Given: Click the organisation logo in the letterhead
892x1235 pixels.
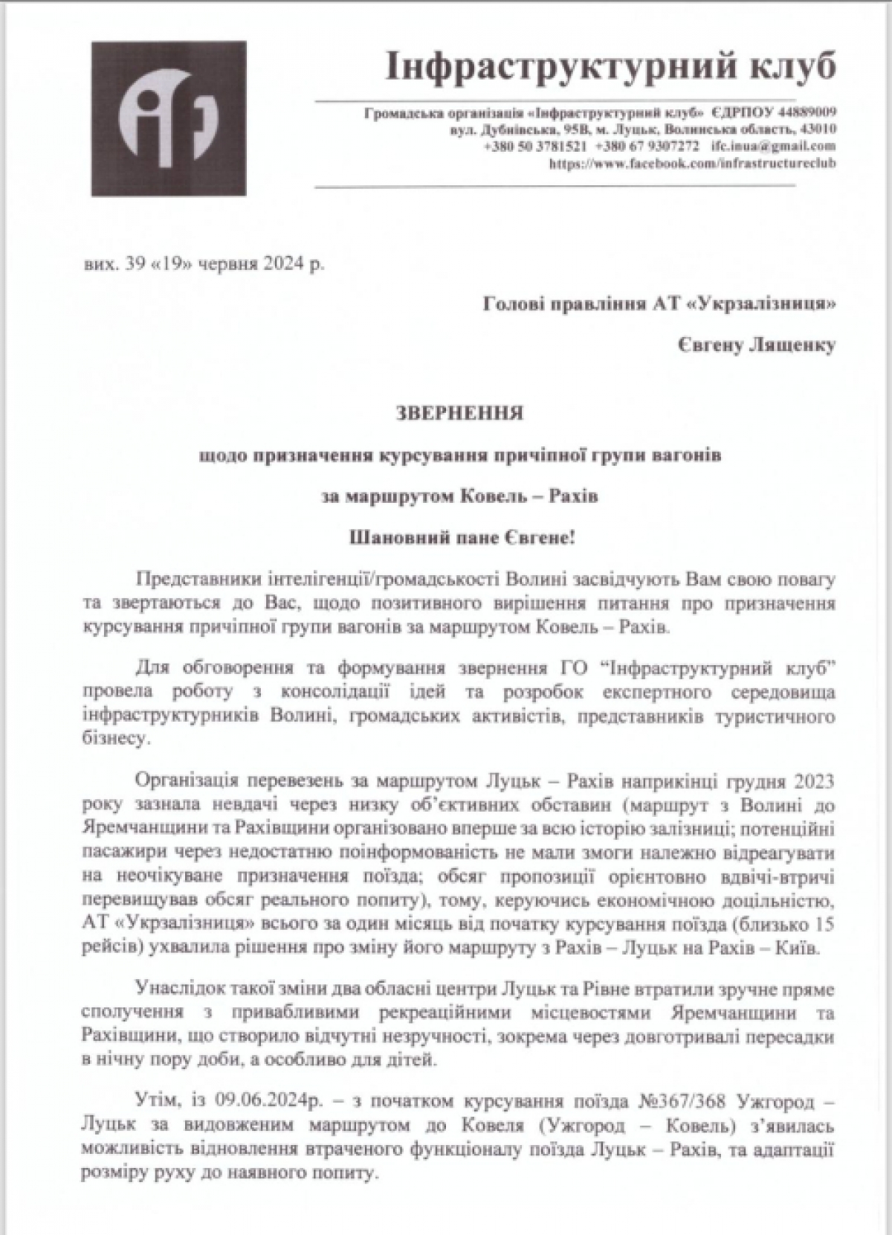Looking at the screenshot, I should [169, 118].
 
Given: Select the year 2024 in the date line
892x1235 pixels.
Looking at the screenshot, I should [283, 264].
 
